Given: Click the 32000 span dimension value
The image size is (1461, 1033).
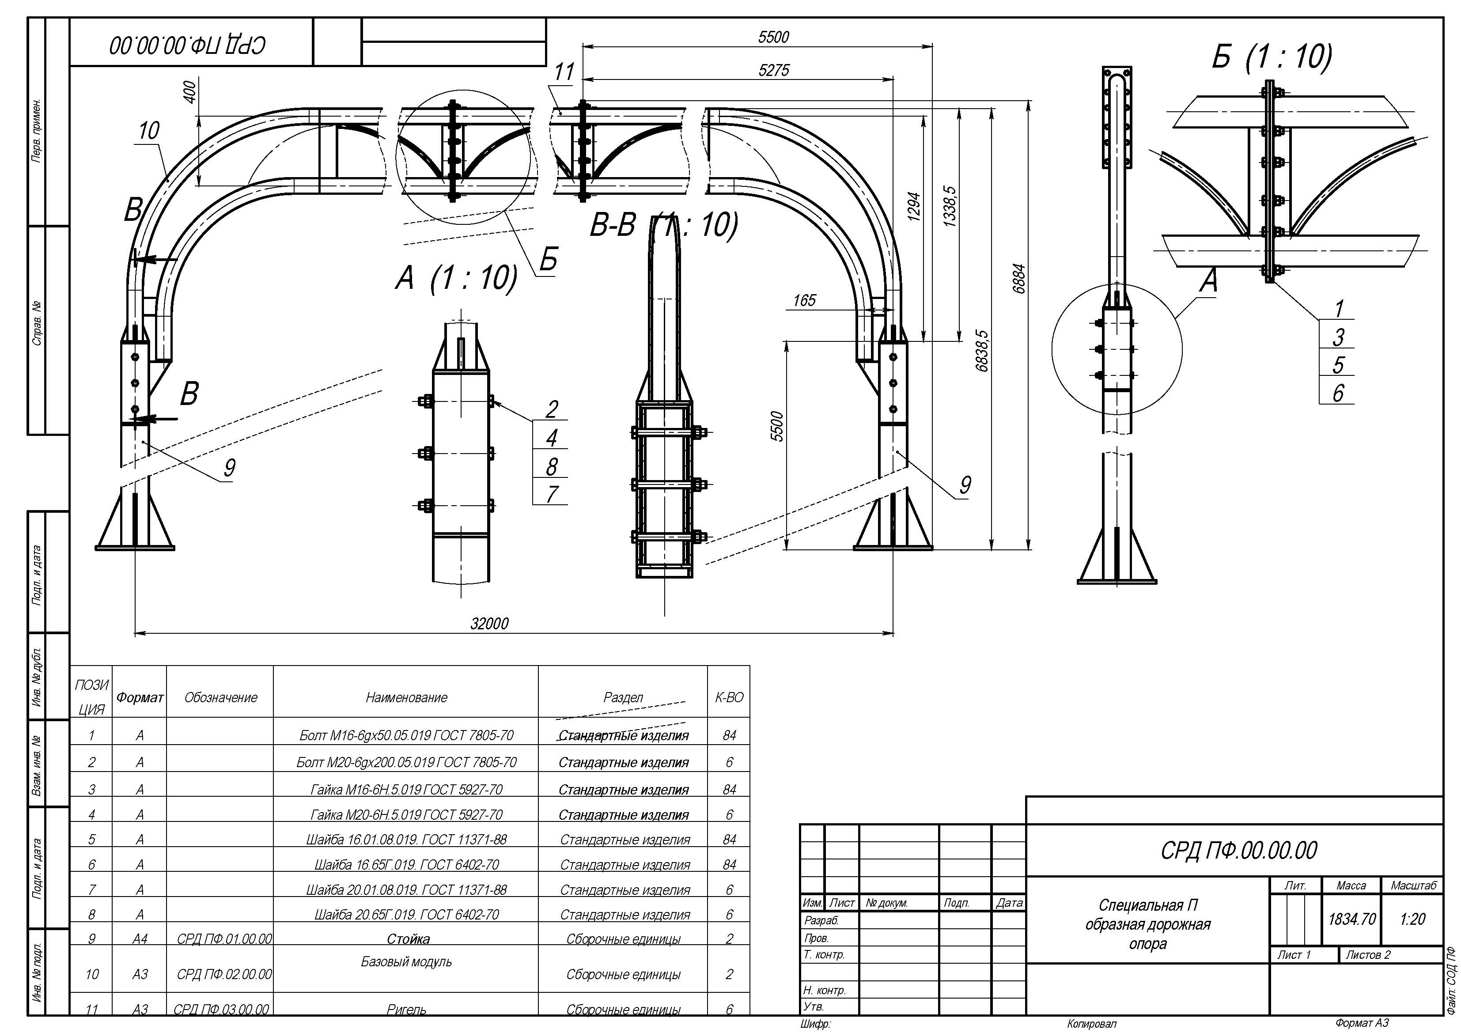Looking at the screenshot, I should [489, 624].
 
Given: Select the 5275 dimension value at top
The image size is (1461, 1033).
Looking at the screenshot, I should [773, 70].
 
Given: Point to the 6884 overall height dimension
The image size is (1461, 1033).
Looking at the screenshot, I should [1019, 279].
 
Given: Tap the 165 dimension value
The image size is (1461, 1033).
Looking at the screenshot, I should [804, 300].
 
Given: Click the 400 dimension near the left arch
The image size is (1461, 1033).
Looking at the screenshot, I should [189, 92].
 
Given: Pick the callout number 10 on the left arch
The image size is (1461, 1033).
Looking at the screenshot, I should [149, 131].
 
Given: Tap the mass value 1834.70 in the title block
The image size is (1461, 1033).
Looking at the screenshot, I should [1351, 919].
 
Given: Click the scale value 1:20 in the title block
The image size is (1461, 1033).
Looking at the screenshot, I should [1412, 919].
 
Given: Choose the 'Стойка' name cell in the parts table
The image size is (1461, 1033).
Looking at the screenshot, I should [408, 939].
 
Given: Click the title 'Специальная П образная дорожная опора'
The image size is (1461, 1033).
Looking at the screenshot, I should [1147, 924].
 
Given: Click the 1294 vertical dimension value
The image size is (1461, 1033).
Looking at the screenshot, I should [914, 206].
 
